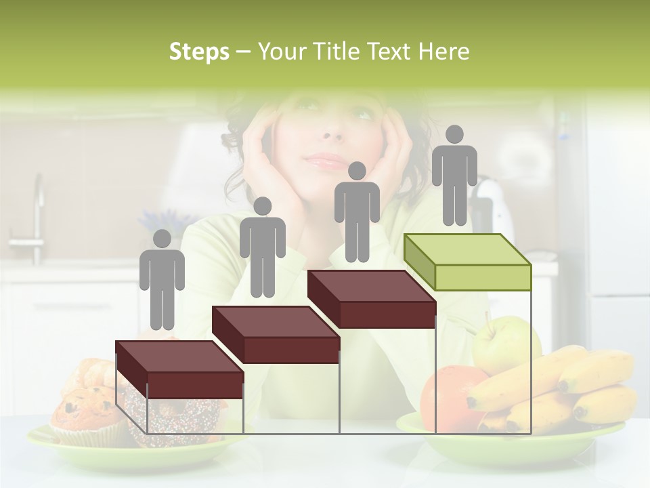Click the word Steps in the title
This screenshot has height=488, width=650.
tap(199, 52)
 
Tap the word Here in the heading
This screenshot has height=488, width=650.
tap(444, 52)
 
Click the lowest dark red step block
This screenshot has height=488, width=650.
tap(179, 370)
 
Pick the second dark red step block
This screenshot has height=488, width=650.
tap(276, 335)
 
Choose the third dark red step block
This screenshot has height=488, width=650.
tap(372, 299)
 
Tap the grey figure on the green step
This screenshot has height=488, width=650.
tap(454, 175)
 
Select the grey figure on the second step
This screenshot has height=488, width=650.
tap(262, 247)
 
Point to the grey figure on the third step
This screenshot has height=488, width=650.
tap(357, 211)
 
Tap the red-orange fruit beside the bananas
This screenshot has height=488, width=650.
tap(447, 396)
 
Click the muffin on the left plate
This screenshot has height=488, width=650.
tap(85, 413)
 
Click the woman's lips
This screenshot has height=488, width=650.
tap(328, 161)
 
